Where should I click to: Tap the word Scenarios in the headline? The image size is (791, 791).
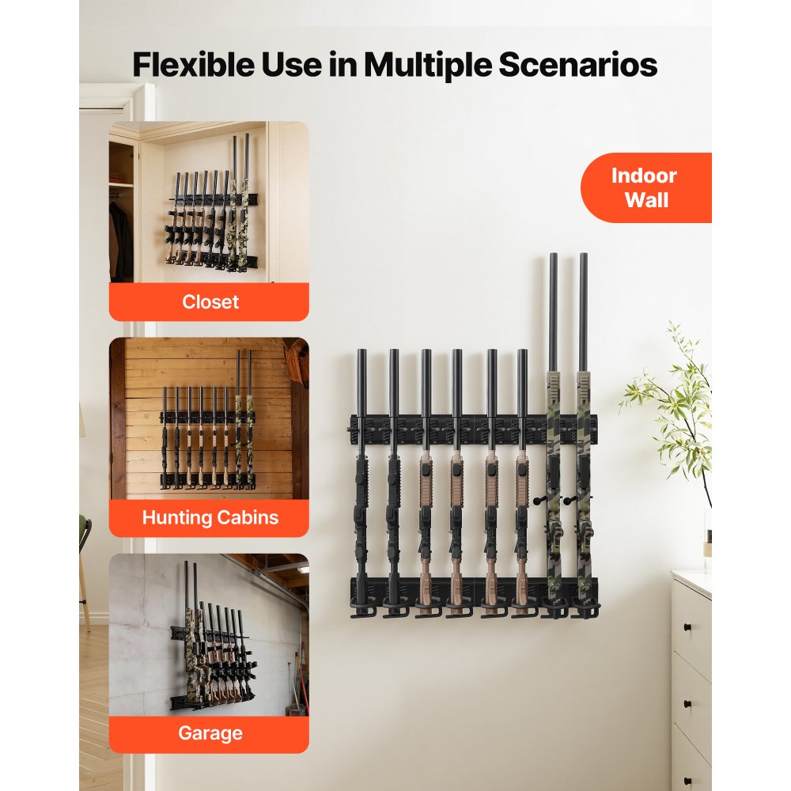[577, 65]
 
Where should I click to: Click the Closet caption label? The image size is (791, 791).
[210, 301]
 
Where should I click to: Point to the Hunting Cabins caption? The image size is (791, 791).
[210, 518]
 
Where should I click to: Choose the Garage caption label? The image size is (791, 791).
[210, 733]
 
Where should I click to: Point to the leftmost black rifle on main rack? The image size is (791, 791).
[361, 483]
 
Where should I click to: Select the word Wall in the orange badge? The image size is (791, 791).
[646, 200]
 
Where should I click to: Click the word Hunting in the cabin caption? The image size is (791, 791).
[175, 518]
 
